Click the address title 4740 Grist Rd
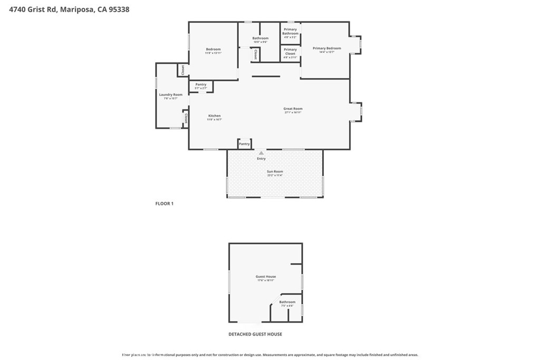click(x=69, y=9)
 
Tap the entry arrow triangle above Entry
click(x=261, y=153)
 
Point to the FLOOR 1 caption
click(x=164, y=203)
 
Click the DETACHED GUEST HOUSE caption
click(x=255, y=334)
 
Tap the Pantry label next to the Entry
click(x=244, y=144)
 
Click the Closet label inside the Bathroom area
click(x=255, y=54)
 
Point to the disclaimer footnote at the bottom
click(x=270, y=355)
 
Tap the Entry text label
click(x=261, y=159)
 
